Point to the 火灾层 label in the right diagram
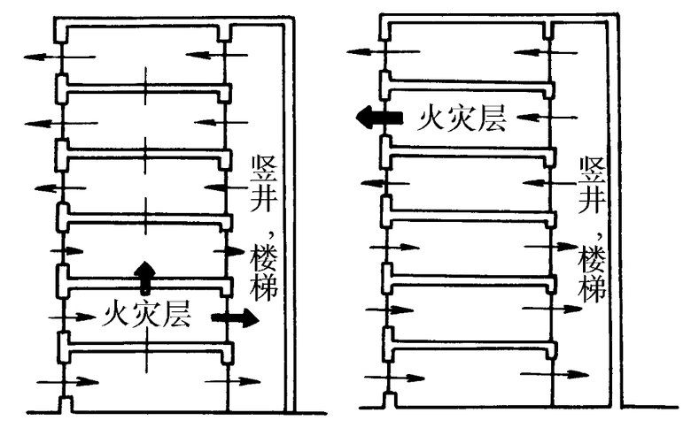(x=462, y=117)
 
